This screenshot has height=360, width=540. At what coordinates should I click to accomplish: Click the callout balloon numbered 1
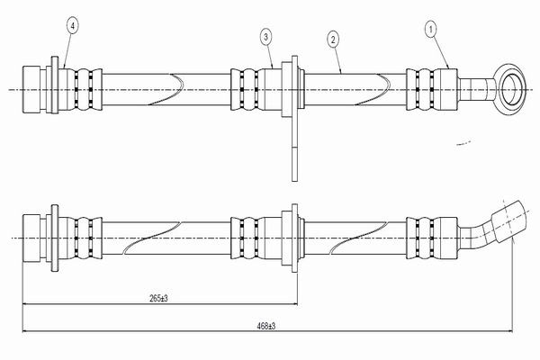pyautogui.click(x=431, y=30)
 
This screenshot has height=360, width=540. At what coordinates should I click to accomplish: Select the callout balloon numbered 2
pyautogui.click(x=333, y=40)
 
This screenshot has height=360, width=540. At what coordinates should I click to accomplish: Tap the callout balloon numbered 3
pyautogui.click(x=265, y=37)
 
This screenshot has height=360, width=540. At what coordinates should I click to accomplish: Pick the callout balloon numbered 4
pyautogui.click(x=72, y=25)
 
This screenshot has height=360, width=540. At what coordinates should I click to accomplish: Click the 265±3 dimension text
pyautogui.click(x=158, y=298)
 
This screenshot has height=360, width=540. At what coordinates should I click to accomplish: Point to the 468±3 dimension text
pyautogui.click(x=265, y=326)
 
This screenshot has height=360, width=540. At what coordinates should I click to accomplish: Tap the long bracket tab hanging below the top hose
pyautogui.click(x=294, y=148)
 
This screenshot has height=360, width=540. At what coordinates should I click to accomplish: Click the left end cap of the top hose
pyautogui.click(x=31, y=90)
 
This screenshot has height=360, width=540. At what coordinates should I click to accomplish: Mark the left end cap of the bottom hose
pyautogui.click(x=31, y=238)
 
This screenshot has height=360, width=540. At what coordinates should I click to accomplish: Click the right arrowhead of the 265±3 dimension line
pyautogui.click(x=295, y=304)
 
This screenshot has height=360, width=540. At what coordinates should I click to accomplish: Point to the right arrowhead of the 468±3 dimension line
pyautogui.click(x=510, y=331)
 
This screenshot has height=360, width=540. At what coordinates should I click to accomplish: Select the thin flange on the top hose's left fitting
pyautogui.click(x=55, y=85)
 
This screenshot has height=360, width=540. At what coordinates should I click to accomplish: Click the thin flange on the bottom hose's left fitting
pyautogui.click(x=55, y=238)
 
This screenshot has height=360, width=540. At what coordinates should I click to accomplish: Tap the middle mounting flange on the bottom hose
pyautogui.click(x=294, y=238)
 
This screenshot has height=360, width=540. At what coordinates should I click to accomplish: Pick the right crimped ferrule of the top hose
pyautogui.click(x=432, y=90)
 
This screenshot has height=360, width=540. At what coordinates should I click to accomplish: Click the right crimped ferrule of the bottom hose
pyautogui.click(x=432, y=238)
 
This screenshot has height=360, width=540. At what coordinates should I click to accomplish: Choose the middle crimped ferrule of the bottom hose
pyautogui.click(x=256, y=238)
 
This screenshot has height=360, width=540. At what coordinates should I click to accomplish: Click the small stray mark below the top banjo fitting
pyautogui.click(x=463, y=143)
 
